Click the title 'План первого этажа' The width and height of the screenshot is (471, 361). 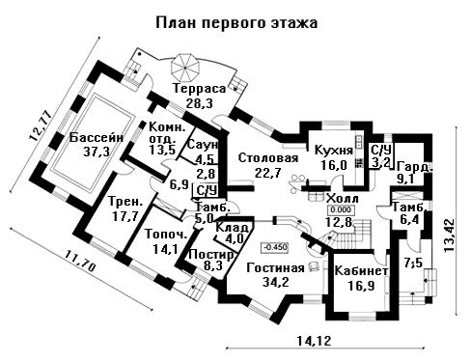pyautogui.click(x=236, y=23)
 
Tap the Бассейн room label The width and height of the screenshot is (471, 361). pyautogui.click(x=97, y=137)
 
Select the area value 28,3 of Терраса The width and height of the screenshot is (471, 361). pyautogui.click(x=200, y=103)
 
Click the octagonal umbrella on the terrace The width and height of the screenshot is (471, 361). pyautogui.click(x=185, y=68)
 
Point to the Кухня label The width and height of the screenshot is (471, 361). pyautogui.click(x=334, y=151)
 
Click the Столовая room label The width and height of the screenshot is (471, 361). pyautogui.click(x=268, y=158)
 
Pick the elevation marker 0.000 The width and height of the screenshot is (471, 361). pyautogui.click(x=341, y=210)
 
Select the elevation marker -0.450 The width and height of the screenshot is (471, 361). pyautogui.click(x=275, y=247)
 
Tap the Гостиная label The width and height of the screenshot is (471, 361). pyautogui.click(x=275, y=268)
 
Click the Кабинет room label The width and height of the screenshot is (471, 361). pyautogui.click(x=361, y=271)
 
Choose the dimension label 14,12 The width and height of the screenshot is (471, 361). pyautogui.click(x=314, y=341)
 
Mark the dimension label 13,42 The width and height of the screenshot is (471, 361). pyautogui.click(x=450, y=236)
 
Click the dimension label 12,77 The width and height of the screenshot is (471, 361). pyautogui.click(x=41, y=125)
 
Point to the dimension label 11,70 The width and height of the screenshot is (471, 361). pyautogui.click(x=80, y=261)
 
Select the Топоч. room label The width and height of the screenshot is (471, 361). pyautogui.click(x=166, y=235)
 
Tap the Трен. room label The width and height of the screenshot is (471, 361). pyautogui.click(x=125, y=202)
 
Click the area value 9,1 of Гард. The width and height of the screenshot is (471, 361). pyautogui.click(x=406, y=180)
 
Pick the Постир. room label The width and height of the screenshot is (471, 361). pyautogui.click(x=211, y=255)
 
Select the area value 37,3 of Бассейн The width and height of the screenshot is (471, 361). pyautogui.click(x=97, y=151)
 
